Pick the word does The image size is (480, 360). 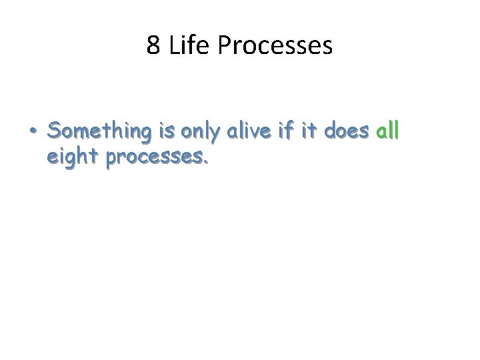[348, 132]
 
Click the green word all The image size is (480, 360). [388, 132]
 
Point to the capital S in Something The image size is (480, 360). [53, 132]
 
